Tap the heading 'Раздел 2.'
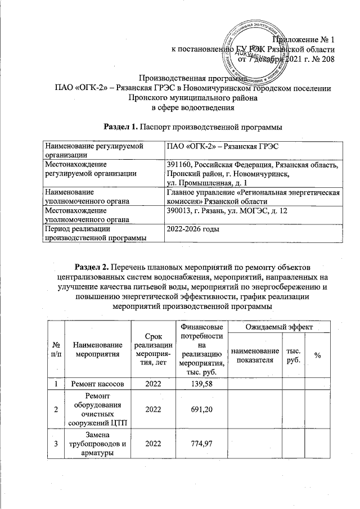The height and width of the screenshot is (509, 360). coord(94,266)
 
